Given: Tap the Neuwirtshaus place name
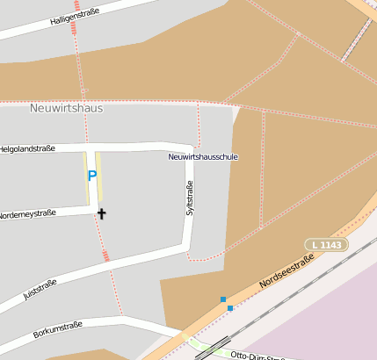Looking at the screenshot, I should click(x=66, y=109).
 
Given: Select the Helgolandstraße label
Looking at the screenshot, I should click(x=34, y=148).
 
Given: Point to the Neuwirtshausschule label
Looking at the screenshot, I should click(x=203, y=157).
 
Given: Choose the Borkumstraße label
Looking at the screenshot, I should click(x=58, y=330).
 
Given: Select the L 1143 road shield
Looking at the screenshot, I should click(x=327, y=243).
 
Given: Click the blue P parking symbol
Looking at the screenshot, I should click(x=91, y=176).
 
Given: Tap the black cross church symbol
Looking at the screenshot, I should click(x=101, y=213).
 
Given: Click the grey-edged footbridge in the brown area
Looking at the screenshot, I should click(x=356, y=40).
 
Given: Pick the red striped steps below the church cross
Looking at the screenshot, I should click(x=106, y=256).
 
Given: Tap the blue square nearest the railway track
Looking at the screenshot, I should click(x=230, y=308).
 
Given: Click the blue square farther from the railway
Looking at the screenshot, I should click(x=223, y=299).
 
